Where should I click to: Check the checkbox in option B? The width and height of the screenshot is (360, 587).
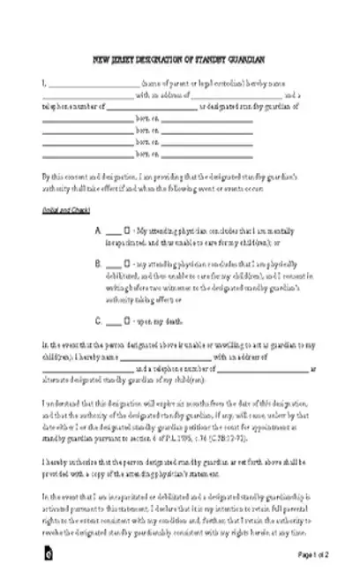pyautogui.click(x=128, y=264)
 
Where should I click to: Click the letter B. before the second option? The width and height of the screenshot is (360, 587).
pyautogui.click(x=98, y=264)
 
